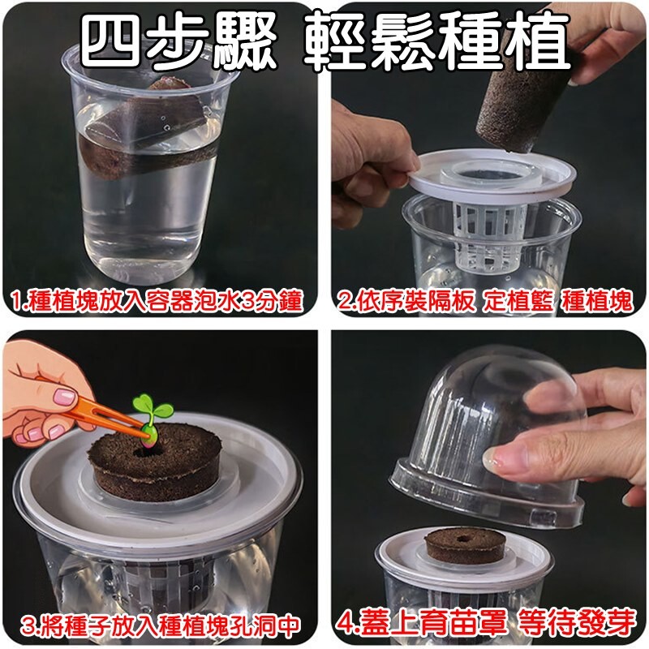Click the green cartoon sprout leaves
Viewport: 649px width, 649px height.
coord(152,408)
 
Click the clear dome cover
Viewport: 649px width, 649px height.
coord(488,439)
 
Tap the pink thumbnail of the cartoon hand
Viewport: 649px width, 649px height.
coord(65,398)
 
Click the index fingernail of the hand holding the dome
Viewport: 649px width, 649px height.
coord(495,459)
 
